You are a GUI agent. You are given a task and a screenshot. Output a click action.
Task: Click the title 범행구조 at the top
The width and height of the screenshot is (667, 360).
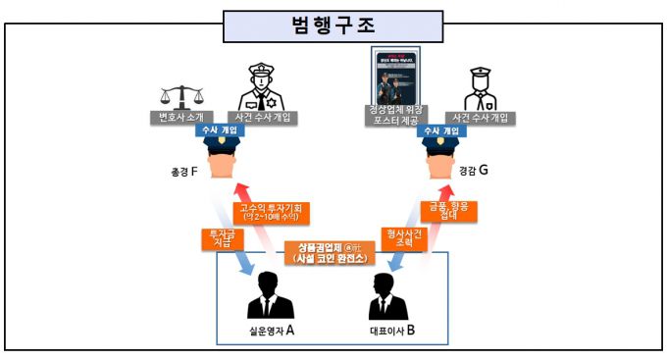click(x=334, y=25)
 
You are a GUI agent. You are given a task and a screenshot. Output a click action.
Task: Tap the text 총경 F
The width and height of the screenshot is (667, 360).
click(x=183, y=173)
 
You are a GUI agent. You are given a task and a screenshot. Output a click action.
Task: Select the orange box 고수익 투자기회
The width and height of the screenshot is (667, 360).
click(x=269, y=211)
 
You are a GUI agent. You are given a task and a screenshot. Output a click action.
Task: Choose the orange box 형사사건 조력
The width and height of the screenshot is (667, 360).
click(x=403, y=234)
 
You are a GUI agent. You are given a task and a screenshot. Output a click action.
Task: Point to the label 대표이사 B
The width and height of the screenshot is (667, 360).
click(x=386, y=331)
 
